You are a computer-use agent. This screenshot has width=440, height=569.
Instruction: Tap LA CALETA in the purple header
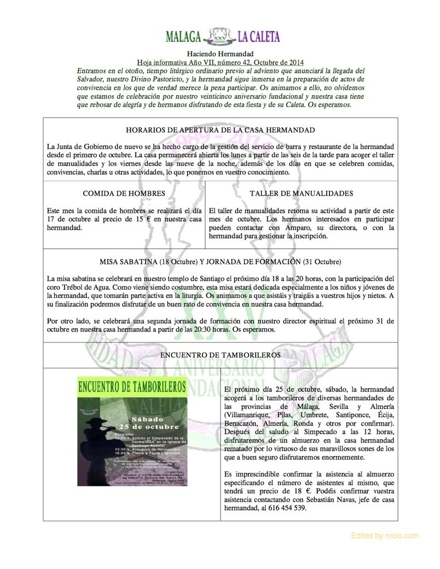click(258, 37)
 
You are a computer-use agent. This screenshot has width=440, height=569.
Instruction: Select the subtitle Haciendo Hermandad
click(219, 54)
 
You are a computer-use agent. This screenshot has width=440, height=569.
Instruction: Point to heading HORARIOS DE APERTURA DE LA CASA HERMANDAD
click(219, 130)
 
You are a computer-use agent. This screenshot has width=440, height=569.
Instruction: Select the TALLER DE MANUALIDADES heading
click(301, 194)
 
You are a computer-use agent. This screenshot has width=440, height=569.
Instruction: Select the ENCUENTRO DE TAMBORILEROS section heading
click(219, 355)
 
